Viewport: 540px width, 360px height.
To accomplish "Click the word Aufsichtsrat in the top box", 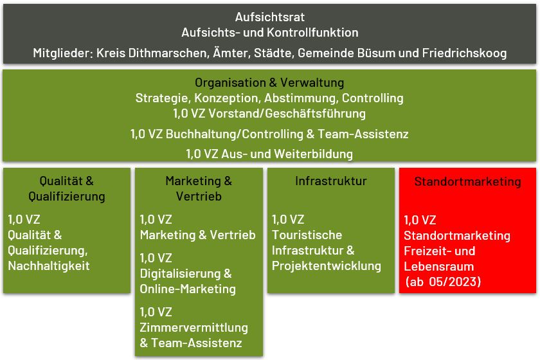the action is [269, 17].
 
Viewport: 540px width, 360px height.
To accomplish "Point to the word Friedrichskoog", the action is [464, 53].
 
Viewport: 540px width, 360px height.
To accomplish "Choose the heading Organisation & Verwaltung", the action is [269, 83].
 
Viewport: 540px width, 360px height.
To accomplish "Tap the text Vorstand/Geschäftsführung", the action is [287, 114].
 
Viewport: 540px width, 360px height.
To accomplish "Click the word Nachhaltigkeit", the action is [49, 265].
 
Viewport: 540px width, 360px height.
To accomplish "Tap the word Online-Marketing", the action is [188, 289].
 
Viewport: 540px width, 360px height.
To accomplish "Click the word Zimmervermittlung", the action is [194, 328].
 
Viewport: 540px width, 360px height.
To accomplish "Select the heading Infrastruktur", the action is [331, 181].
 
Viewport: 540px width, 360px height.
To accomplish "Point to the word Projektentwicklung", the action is [327, 266].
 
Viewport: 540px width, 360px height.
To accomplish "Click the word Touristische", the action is [307, 235].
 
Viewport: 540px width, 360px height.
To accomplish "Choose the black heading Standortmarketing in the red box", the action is [468, 181].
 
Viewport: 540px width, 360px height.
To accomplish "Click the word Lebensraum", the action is [438, 266].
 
